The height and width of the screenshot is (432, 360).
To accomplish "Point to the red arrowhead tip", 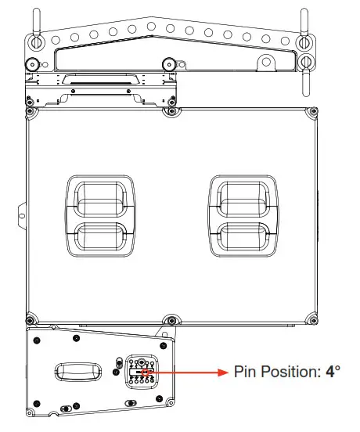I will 228,373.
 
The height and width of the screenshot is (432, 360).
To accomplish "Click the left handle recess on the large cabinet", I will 99,217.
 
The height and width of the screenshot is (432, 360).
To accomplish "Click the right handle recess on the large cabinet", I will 243,217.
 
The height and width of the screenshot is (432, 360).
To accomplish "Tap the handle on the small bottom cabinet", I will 78,371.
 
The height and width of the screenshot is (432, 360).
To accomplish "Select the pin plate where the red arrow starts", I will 142,373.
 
